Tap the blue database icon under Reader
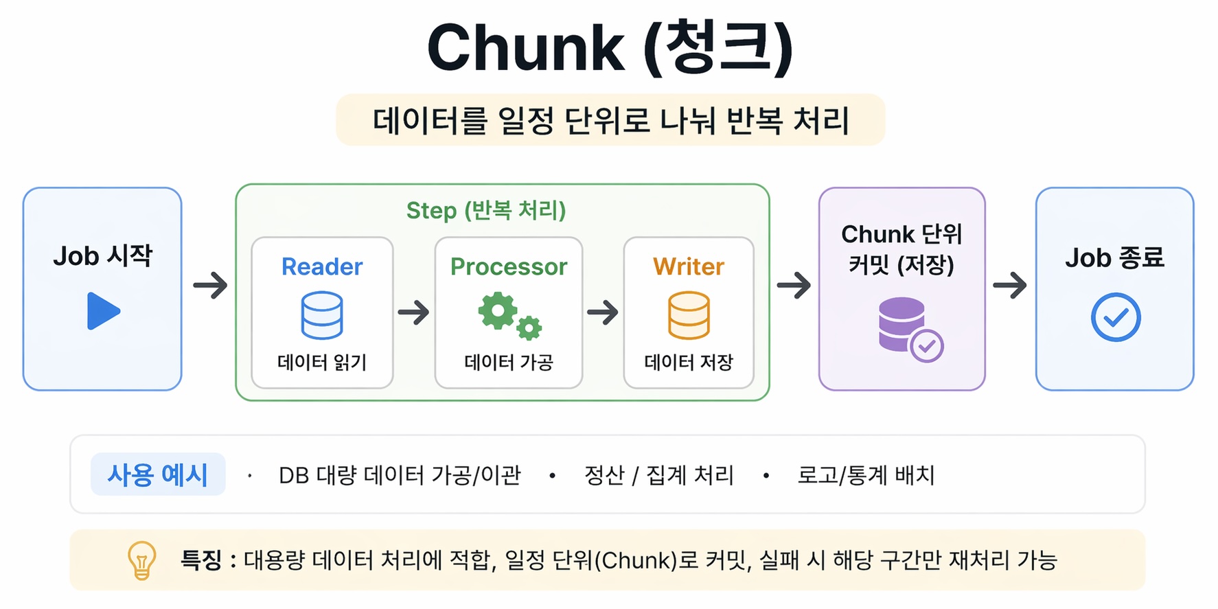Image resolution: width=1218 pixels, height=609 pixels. [322, 315]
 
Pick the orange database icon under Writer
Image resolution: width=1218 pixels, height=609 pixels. [689, 315]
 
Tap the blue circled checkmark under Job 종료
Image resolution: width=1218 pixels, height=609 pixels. [1115, 317]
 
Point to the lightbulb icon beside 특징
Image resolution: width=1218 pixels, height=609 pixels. [142, 560]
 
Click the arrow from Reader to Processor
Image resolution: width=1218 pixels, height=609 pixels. [413, 312]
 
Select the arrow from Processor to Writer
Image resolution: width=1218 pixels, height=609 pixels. [603, 312]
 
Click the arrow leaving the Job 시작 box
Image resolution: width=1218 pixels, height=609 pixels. [210, 285]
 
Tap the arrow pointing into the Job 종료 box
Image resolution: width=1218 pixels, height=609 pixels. [1009, 285]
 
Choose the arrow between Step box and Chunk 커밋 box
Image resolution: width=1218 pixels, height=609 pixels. [794, 285]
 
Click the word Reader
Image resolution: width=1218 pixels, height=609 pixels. [322, 266]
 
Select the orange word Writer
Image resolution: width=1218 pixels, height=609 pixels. [689, 266]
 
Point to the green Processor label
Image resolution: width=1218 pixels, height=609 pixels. [509, 266]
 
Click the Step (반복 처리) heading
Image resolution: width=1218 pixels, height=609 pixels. [486, 210]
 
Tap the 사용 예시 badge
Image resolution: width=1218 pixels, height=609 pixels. [158, 474]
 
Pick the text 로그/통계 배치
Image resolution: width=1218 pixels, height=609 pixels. [866, 474]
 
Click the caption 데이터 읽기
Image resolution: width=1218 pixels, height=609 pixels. [322, 362]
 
